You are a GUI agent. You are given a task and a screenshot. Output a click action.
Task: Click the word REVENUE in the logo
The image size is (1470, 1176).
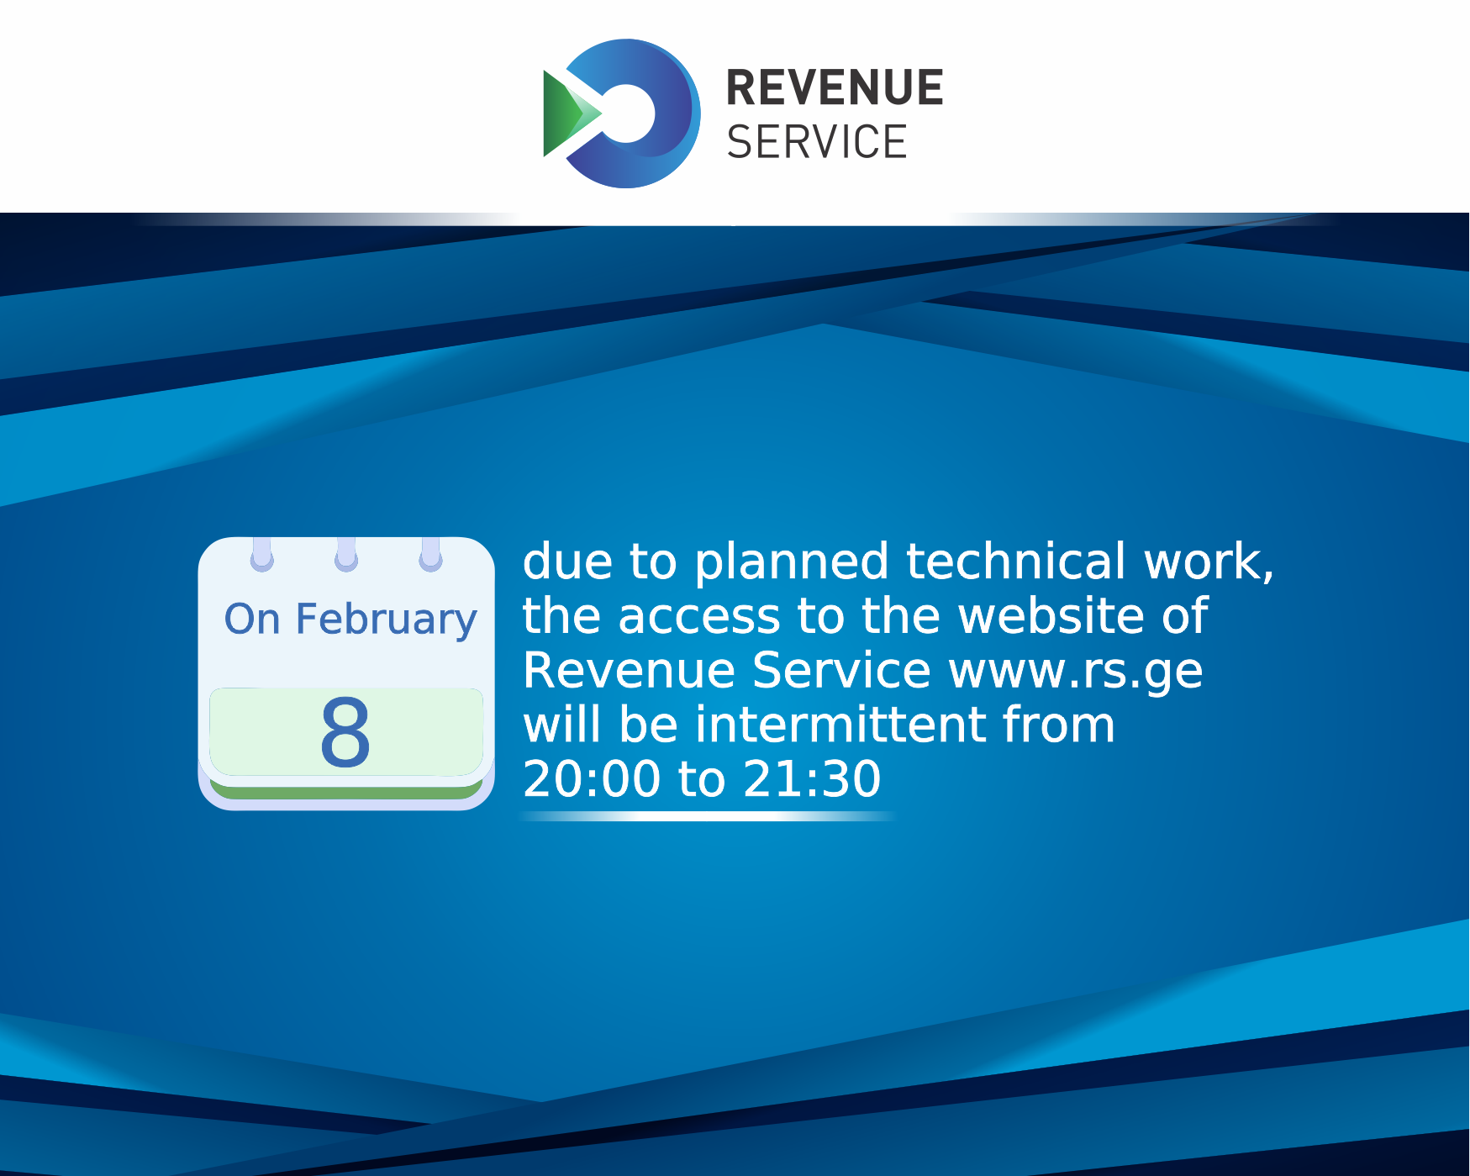pyautogui.click(x=834, y=88)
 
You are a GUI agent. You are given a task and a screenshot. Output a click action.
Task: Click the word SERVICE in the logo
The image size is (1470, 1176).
pyautogui.click(x=816, y=141)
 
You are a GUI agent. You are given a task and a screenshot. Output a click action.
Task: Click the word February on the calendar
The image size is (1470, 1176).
pyautogui.click(x=386, y=620)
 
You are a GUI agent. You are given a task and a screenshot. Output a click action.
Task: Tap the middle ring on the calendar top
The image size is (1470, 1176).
pyautogui.click(x=346, y=556)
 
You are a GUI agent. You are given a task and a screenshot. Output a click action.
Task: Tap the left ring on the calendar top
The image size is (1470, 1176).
pyautogui.click(x=262, y=556)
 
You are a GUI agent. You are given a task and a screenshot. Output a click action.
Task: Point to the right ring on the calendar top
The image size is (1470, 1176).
pyautogui.click(x=430, y=556)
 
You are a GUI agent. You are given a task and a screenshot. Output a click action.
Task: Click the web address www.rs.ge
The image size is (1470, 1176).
pyautogui.click(x=1075, y=671)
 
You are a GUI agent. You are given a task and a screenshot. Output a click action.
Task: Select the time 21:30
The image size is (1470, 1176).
pyautogui.click(x=812, y=779)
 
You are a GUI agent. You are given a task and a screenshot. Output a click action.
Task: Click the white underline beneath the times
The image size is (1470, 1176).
pyautogui.click(x=706, y=816)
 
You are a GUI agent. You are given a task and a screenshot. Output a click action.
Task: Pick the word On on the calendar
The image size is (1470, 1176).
pyautogui.click(x=251, y=620)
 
